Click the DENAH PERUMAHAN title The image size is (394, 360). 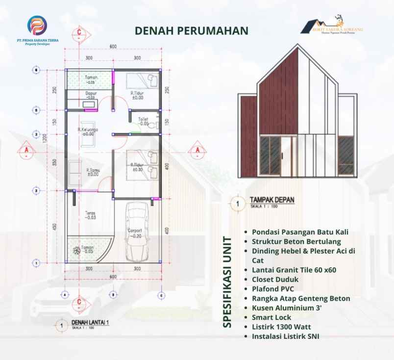(192, 30)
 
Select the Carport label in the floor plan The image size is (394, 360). (135, 230)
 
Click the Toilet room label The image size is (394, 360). (143, 119)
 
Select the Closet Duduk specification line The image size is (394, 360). (275, 279)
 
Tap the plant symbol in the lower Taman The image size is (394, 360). (76, 251)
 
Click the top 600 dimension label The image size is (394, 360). (113, 47)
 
